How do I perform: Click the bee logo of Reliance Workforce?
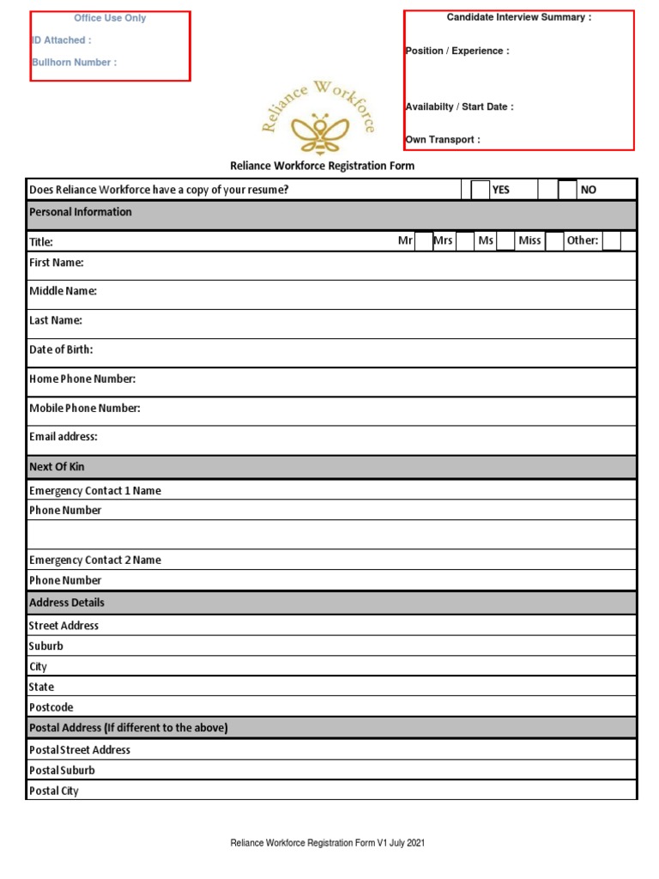[x=319, y=130]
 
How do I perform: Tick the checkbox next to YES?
[x=481, y=190]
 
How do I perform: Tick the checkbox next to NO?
[x=567, y=190]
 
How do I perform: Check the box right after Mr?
[x=424, y=241]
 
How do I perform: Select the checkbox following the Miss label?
[x=554, y=241]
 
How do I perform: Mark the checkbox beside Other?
[x=611, y=241]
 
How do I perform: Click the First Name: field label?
[x=57, y=263]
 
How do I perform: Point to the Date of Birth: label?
[x=61, y=350]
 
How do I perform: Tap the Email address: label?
[x=63, y=437]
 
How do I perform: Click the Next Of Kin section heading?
[x=57, y=467]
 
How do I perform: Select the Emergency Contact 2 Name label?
[x=95, y=561]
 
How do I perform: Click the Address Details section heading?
[x=67, y=603]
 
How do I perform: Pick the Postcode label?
[x=51, y=708]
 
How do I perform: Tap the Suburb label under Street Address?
[x=46, y=646]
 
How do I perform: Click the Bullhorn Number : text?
[x=74, y=63]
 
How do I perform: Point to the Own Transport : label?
[x=443, y=140]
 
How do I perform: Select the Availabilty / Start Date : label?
[x=459, y=107]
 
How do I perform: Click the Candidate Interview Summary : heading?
[x=518, y=18]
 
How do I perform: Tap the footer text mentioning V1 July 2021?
[x=328, y=844]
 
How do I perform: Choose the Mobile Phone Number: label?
[x=85, y=409]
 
